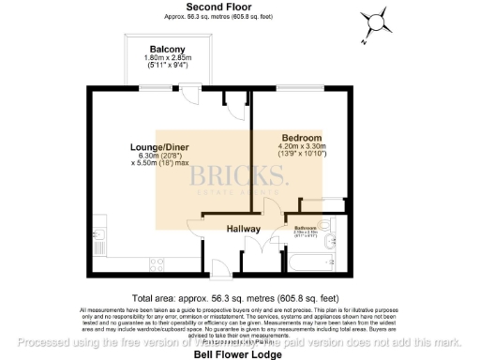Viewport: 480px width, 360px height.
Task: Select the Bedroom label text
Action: pyautogui.click(x=301, y=137)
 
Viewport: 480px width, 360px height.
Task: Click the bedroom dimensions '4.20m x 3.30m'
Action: pyautogui.click(x=301, y=146)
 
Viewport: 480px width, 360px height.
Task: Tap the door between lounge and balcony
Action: pyautogui.click(x=188, y=92)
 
